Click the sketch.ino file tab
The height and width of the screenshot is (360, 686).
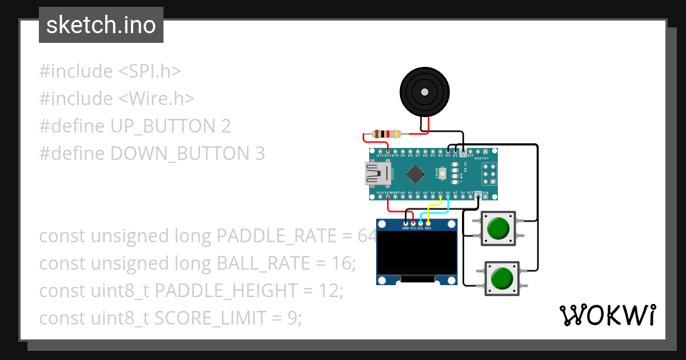[101, 25]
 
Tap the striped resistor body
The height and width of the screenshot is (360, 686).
[386, 134]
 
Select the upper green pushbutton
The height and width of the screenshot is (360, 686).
[497, 228]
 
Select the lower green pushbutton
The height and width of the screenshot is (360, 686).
[502, 278]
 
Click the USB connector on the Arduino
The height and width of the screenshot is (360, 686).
[377, 173]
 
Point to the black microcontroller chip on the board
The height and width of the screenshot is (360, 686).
[416, 173]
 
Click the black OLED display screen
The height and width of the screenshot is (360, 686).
[416, 251]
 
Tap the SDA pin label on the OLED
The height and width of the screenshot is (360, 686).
[428, 228]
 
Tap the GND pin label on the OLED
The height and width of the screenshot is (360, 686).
[406, 228]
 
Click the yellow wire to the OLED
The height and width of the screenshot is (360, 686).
[432, 207]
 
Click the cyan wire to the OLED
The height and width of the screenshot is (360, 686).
[434, 213]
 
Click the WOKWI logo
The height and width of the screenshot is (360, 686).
[607, 315]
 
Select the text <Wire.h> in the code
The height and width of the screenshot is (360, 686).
[156, 99]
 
